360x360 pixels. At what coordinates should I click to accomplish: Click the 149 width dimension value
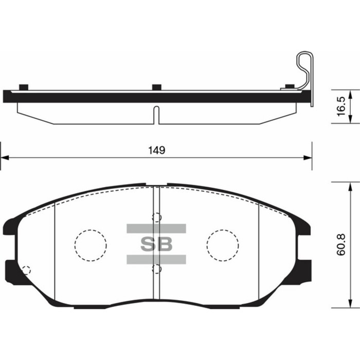157,150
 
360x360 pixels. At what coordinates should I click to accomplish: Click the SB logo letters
156,244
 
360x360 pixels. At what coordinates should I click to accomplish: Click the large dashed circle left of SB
91,244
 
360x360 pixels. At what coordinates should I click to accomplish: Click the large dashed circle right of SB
223,244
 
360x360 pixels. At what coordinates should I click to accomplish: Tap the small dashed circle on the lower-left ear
26,270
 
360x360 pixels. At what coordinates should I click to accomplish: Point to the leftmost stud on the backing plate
23,86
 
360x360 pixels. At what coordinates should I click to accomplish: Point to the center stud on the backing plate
157,86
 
